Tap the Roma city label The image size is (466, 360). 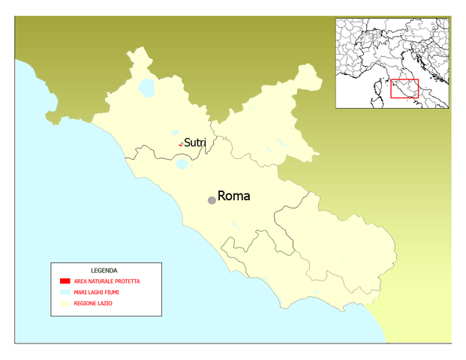233,196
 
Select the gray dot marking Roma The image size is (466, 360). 212,199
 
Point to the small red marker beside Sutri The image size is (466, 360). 180,145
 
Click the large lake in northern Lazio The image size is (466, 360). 146,88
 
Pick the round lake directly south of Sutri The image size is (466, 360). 182,163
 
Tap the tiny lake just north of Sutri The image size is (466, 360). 176,132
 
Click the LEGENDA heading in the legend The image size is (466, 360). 104,270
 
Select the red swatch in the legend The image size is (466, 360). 65,281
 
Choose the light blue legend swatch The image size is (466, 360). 65,292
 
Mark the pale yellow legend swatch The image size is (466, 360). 65,304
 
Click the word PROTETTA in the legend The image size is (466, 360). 125,281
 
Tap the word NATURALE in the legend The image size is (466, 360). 99,281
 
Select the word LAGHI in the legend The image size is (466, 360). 98,292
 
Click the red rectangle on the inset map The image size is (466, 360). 404,88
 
